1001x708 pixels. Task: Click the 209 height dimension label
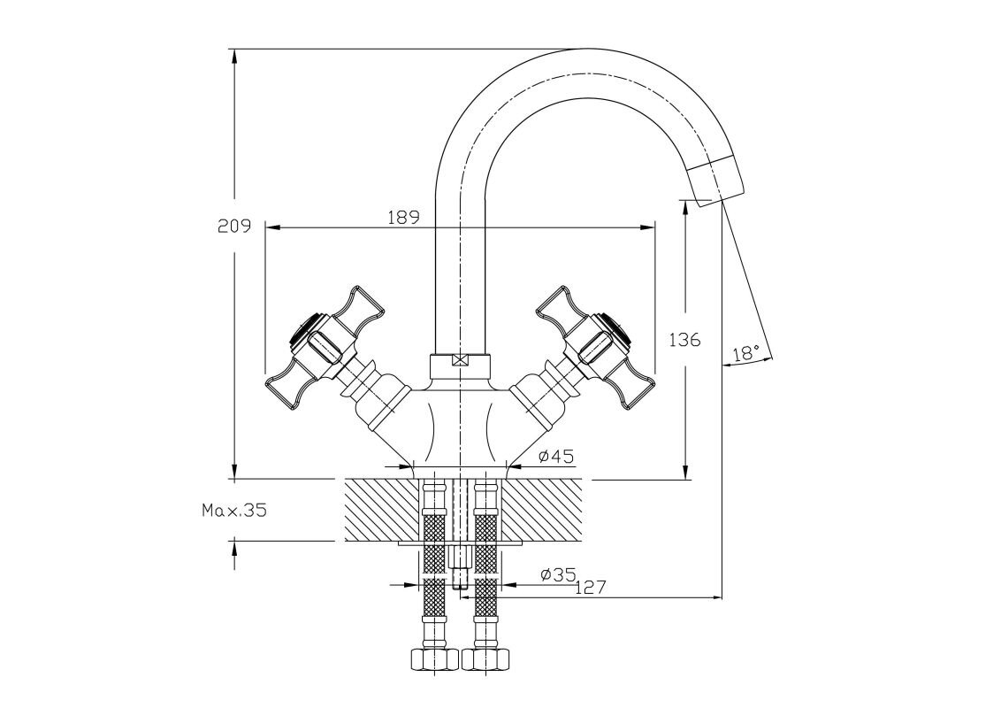tap(234, 226)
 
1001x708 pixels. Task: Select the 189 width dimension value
tap(402, 217)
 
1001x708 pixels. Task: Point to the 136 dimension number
tap(684, 339)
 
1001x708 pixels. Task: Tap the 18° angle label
tap(746, 352)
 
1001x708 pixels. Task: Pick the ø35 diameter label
tap(558, 575)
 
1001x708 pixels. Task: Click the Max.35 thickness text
tap(233, 510)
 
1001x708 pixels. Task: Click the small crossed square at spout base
tap(458, 361)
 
